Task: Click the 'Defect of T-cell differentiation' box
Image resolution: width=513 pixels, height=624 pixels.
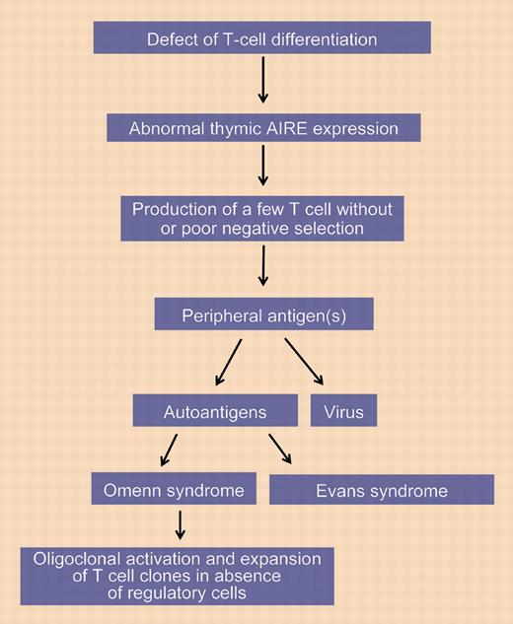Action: coord(261,39)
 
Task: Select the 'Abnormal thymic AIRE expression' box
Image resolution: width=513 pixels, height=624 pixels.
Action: coord(261,129)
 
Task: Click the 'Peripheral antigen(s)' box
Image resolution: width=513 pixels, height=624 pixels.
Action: coord(261,315)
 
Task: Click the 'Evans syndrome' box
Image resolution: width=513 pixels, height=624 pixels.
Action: coord(381,490)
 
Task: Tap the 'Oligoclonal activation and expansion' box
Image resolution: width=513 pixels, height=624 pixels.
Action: coord(177,576)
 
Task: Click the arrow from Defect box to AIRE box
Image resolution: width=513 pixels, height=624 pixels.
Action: coord(262,83)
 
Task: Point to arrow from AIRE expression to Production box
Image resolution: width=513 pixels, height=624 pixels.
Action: coord(262,168)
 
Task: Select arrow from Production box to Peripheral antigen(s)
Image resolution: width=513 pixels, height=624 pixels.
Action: coord(262,266)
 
